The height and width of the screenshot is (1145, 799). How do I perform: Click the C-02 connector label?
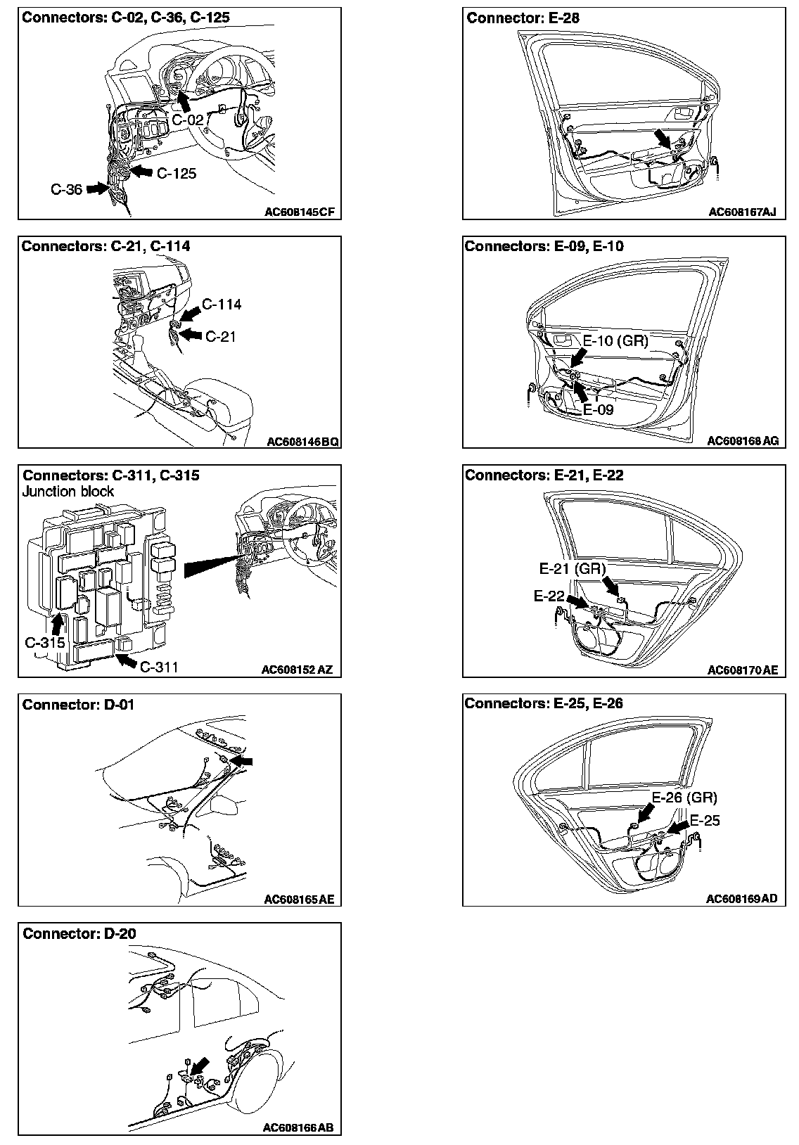click(188, 120)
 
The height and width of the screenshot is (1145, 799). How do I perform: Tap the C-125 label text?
click(176, 173)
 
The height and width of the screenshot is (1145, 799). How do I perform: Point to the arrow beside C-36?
click(95, 188)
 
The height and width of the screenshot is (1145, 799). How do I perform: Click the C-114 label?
click(222, 305)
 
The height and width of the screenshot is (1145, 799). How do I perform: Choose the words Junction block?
click(68, 492)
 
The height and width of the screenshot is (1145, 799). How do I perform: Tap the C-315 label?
click(45, 642)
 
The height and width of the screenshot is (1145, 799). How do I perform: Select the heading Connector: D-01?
click(78, 705)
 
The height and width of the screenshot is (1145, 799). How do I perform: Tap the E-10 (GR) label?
click(615, 341)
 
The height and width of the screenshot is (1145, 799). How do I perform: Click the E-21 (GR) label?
click(572, 568)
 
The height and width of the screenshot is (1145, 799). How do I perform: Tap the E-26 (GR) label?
click(684, 798)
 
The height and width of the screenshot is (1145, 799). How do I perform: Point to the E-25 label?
click(705, 821)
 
